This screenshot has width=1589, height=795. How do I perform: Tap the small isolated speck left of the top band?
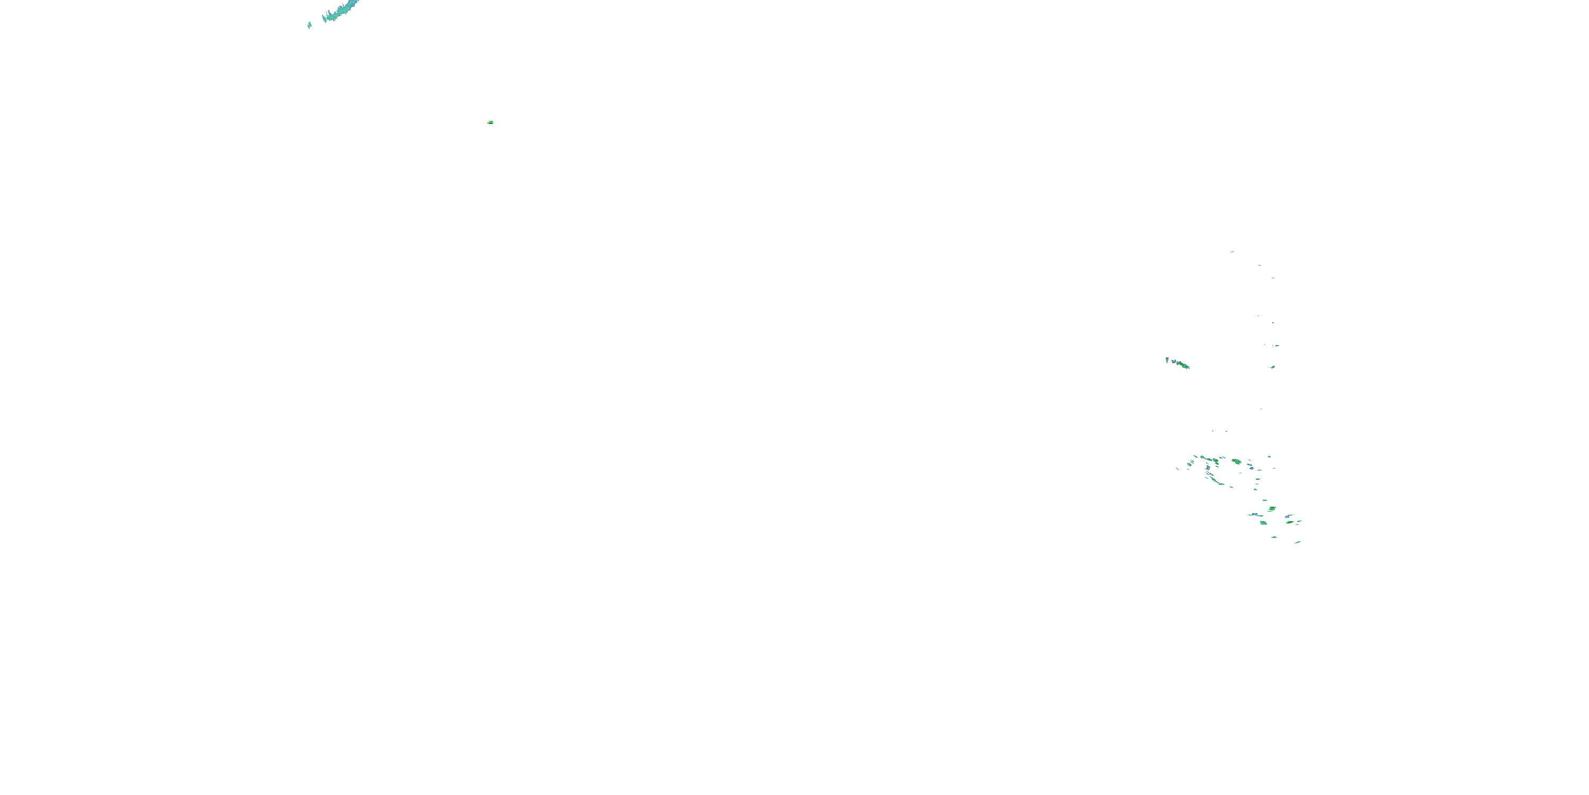click(309, 25)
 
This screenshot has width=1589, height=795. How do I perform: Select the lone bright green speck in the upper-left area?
click(490, 122)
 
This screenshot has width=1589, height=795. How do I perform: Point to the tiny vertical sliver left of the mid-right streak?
click(1167, 359)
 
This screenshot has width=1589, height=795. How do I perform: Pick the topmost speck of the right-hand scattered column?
click(1232, 252)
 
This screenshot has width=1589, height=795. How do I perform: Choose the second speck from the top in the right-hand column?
click(1259, 266)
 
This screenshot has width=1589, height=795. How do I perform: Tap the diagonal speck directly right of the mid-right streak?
click(1273, 367)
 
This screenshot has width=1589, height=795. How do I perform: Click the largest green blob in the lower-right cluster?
click(1236, 461)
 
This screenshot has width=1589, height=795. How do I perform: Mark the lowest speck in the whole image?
click(1298, 542)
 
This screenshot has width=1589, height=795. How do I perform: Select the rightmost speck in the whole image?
click(1300, 522)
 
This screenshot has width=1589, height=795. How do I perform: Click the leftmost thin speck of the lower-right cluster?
click(1177, 469)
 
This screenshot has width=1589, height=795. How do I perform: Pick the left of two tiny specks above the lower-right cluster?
click(1212, 431)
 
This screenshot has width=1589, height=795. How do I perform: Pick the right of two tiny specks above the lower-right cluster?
click(1226, 431)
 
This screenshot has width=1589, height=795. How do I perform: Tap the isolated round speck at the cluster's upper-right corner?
click(1270, 457)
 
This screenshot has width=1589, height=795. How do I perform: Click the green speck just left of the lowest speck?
click(1274, 537)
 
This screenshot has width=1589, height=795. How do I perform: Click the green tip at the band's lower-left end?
click(325, 20)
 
